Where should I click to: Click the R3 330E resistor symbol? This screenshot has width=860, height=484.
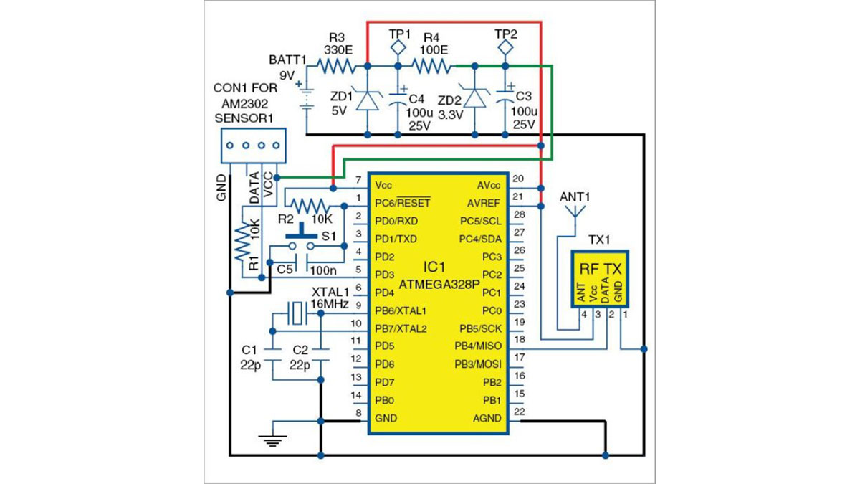pyautogui.click(x=336, y=67)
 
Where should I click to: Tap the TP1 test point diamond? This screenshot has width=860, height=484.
pyautogui.click(x=398, y=47)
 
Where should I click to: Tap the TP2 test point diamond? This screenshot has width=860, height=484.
pyautogui.click(x=506, y=47)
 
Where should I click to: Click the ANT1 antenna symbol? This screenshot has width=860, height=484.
pyautogui.click(x=575, y=213)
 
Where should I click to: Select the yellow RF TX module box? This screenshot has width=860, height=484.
pyautogui.click(x=600, y=279)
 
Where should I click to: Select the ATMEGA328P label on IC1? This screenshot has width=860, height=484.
pyautogui.click(x=440, y=284)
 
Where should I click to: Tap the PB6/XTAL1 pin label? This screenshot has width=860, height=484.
pyautogui.click(x=401, y=311)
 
